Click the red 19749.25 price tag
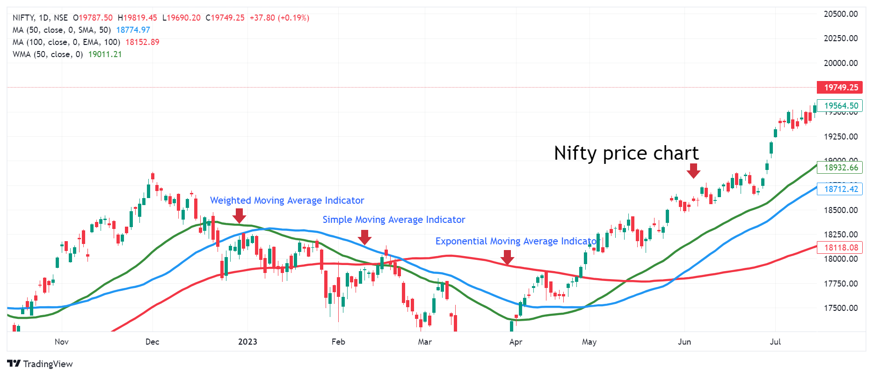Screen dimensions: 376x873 pos(840,88)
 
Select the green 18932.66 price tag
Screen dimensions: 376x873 pos(840,168)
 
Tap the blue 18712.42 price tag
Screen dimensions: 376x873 pos(840,189)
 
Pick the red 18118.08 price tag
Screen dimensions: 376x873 pos(840,248)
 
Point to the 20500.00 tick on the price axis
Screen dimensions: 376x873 pos(841,14)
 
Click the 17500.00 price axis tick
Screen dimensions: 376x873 pos(841,308)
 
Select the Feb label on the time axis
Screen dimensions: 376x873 pos(338,342)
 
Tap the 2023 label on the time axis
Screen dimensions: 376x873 pos(247,342)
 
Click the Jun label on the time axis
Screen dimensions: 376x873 pos(684,342)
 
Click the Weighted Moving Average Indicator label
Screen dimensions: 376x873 pos(287,200)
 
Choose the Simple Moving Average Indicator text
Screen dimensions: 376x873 pos(393,220)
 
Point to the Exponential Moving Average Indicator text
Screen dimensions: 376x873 pos(517,241)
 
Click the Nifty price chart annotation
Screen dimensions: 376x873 pos(626,153)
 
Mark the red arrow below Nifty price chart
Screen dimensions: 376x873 pos(693,170)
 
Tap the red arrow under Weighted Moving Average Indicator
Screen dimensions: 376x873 pos(239,216)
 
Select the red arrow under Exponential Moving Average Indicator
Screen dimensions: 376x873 pos(507,257)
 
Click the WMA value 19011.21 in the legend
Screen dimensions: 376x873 pos(105,54)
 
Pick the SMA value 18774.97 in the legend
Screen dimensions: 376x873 pos(133,30)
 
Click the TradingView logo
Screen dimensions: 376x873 pos(40,364)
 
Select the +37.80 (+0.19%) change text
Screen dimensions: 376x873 pos(279,18)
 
